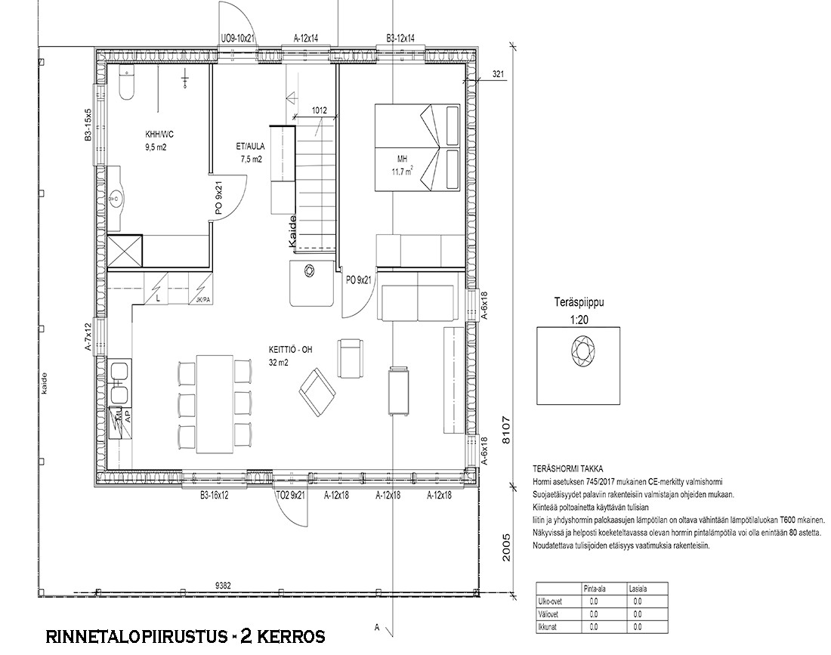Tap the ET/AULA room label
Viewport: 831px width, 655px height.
coord(251,147)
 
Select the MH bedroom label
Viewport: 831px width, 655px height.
coord(403,159)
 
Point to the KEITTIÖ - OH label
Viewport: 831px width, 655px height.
coord(290,350)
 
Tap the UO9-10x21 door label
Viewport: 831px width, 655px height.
coord(238,39)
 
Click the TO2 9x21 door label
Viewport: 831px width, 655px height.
coord(291,495)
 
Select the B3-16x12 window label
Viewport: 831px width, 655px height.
coord(214,495)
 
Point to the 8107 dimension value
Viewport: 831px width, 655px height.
coord(505,431)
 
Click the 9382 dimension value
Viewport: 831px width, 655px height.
coord(223,585)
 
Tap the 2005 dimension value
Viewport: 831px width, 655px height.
coord(505,548)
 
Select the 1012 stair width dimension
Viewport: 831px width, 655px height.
coord(319,111)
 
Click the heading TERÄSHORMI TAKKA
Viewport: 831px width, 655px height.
coord(567,469)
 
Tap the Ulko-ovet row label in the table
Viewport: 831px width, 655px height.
coord(549,601)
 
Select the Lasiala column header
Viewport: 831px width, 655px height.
coord(638,589)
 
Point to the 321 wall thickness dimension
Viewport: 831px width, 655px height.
coord(498,75)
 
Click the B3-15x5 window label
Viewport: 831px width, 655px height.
coord(88,125)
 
